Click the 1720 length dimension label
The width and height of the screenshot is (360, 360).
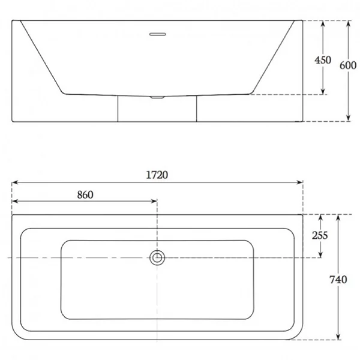tap(157, 175)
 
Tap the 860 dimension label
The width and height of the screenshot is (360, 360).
tap(85, 195)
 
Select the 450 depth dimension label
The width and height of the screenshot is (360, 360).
tap(323, 60)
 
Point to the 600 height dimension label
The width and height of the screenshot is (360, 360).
tap(348, 65)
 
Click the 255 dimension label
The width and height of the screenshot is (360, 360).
tap(320, 235)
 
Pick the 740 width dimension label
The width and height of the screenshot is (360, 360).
tap(338, 280)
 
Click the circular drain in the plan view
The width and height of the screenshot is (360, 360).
tap(157, 257)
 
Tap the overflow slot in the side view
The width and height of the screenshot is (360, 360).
tap(157, 34)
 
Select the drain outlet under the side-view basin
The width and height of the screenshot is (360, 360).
tap(157, 97)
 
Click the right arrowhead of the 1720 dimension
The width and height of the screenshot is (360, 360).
tap(300, 182)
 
